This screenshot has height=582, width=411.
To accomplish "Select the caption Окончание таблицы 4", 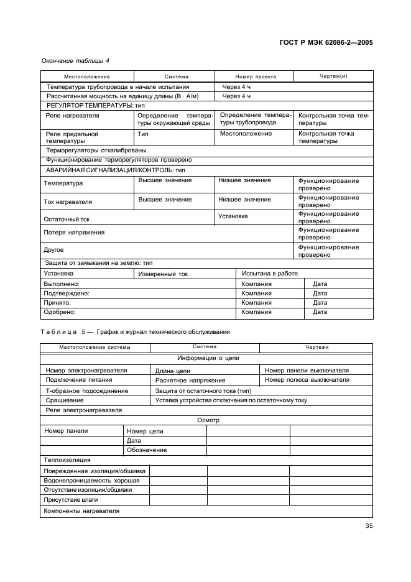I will [x=75, y=60].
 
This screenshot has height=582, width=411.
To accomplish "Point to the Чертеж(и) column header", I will [x=333, y=76].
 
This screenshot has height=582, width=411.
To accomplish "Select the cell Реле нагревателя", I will [x=72, y=116].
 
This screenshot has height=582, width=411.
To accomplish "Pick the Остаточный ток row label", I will [x=67, y=219].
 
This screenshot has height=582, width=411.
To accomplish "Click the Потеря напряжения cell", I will [x=73, y=233].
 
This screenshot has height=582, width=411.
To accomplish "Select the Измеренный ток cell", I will [x=163, y=274].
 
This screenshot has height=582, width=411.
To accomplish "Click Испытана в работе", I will [x=269, y=273].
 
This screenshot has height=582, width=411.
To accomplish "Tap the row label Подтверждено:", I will [x=66, y=293].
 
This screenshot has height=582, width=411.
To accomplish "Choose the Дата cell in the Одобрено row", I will [x=320, y=312].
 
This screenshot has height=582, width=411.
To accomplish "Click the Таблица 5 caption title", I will [x=135, y=331].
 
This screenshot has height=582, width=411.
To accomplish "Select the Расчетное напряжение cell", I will [x=190, y=380].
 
